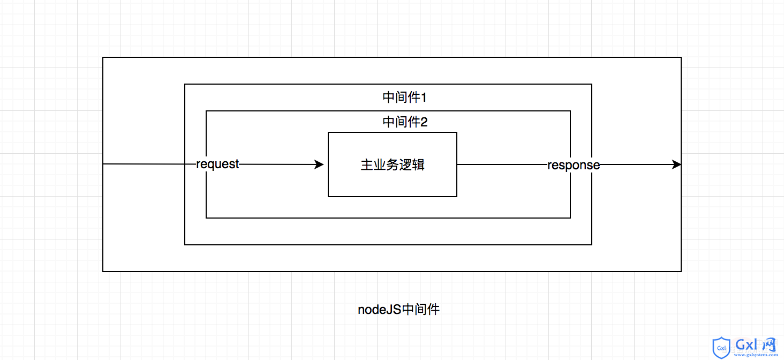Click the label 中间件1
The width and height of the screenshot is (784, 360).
click(405, 97)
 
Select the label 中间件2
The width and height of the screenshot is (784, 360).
click(405, 122)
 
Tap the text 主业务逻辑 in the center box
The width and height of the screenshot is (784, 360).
click(393, 164)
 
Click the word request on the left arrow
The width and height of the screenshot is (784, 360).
click(217, 164)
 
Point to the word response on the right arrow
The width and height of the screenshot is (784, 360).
click(574, 166)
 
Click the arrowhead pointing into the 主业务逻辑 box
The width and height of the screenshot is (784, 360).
click(319, 164)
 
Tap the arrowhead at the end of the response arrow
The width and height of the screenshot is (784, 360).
click(676, 164)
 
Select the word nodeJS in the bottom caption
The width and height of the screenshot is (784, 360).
click(379, 310)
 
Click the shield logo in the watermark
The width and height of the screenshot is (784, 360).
click(721, 348)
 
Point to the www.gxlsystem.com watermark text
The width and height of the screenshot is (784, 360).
click(756, 355)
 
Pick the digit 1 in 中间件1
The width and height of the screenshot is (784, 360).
click(424, 97)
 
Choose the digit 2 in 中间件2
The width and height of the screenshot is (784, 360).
click(424, 122)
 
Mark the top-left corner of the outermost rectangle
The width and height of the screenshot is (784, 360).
click(103, 57)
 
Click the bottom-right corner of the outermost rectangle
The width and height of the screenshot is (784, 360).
click(681, 272)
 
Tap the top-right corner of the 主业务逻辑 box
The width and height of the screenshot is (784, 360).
click(457, 132)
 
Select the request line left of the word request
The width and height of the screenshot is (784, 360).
click(149, 164)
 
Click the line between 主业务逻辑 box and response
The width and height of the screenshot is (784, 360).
click(502, 164)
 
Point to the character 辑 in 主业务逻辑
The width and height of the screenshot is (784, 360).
click(419, 164)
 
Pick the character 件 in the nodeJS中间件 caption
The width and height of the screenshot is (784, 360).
click(433, 310)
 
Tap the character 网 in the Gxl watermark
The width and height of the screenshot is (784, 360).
click(768, 344)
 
